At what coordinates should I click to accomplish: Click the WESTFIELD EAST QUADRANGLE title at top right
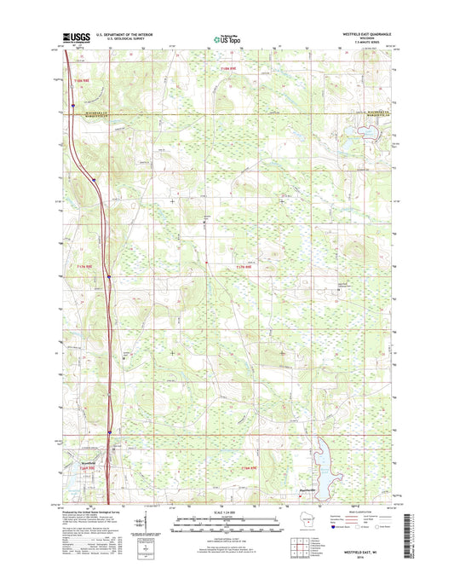[365, 33]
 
